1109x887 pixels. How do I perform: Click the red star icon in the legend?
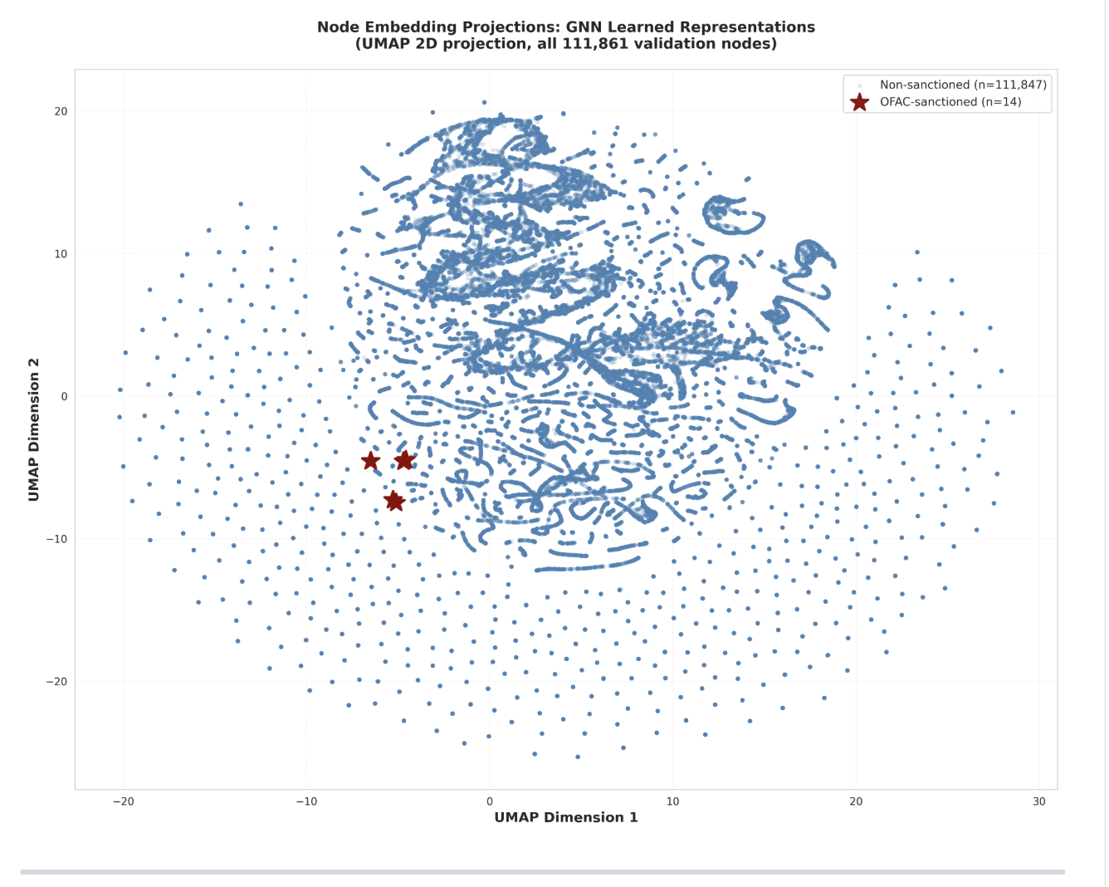coord(860,102)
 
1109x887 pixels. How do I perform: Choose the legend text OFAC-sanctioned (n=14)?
coord(950,102)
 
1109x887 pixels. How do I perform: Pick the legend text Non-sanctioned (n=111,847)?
coord(963,85)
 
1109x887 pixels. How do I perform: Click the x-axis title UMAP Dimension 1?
coord(566,817)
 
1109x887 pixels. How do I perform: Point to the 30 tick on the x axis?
coord(1039,801)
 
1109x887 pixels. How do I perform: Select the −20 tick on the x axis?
coord(123,801)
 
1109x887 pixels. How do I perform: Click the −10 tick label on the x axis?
coord(306,801)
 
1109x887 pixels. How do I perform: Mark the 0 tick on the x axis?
coord(490,801)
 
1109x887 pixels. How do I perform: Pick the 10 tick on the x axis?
coord(672,801)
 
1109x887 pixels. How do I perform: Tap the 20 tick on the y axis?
coord(61,111)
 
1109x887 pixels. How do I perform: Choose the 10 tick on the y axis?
coord(61,254)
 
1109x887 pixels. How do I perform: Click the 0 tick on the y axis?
coord(64,397)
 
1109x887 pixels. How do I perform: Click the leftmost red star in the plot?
coord(371,461)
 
